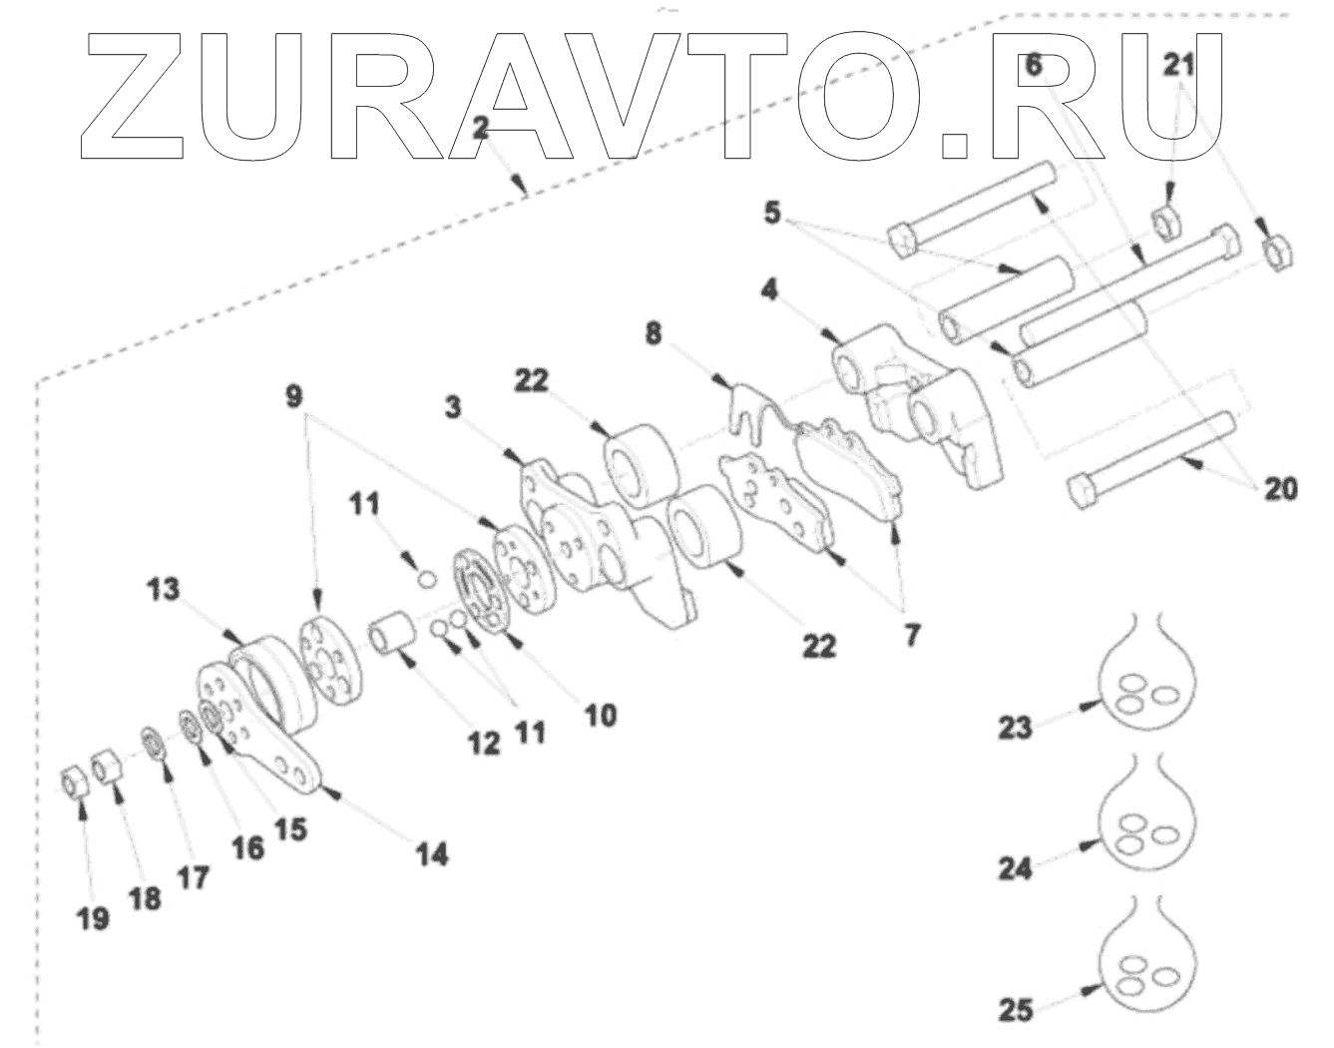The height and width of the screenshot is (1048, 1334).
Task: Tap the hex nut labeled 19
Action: point(74,782)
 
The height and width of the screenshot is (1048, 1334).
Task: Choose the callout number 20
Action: point(1281,489)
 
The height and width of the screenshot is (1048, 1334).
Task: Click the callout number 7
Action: point(912,635)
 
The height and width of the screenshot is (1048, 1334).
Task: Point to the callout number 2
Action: point(481,127)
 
